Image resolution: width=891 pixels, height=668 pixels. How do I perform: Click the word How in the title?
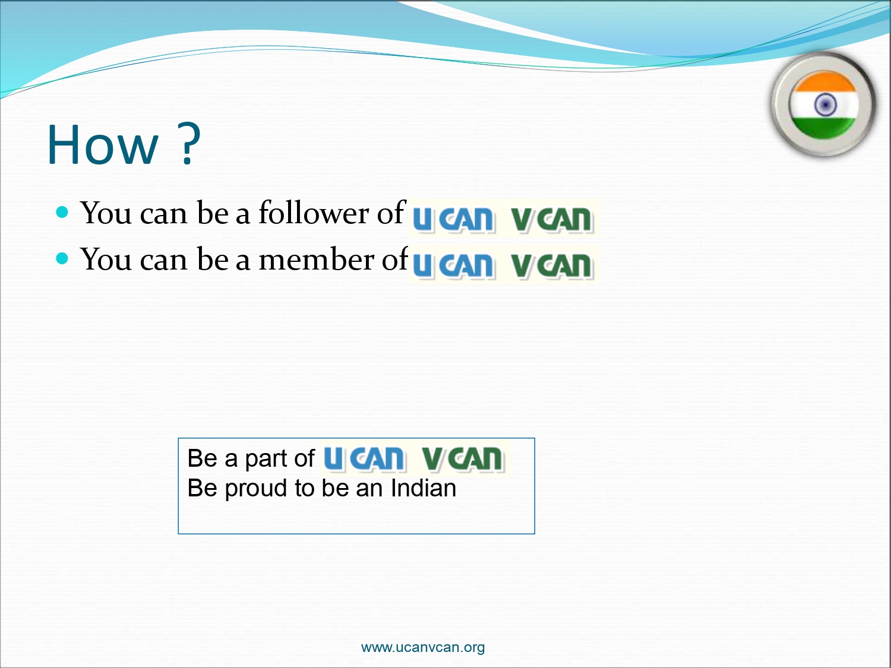(102, 145)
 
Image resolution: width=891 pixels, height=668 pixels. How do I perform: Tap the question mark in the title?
(189, 143)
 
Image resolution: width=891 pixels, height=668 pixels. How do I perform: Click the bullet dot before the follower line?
(62, 212)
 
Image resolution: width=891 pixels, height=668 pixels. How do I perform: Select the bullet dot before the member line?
(62, 258)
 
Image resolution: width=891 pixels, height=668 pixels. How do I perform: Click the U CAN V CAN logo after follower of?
(503, 219)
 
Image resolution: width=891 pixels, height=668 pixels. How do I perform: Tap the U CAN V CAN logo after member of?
(503, 264)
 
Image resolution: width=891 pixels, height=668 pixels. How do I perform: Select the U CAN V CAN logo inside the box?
(414, 458)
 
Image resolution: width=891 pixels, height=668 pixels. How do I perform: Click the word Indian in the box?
(424, 487)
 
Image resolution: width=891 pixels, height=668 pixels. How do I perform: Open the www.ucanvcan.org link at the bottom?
(422, 647)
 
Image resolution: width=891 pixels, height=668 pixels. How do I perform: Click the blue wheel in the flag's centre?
(825, 105)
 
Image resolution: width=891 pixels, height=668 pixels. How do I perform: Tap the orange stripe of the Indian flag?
(824, 81)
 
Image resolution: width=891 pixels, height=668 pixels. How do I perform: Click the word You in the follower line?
(106, 213)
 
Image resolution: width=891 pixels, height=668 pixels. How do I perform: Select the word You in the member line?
(106, 259)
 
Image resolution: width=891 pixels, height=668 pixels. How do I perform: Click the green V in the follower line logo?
(522, 220)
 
